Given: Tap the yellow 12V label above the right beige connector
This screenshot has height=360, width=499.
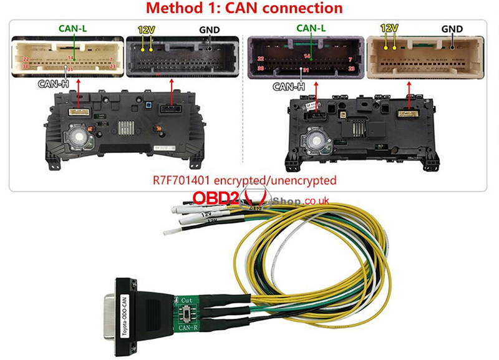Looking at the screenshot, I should point(389,29).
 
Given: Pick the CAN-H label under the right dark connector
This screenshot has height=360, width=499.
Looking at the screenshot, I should point(291,87).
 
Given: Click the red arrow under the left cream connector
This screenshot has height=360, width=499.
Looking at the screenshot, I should point(78,93).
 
